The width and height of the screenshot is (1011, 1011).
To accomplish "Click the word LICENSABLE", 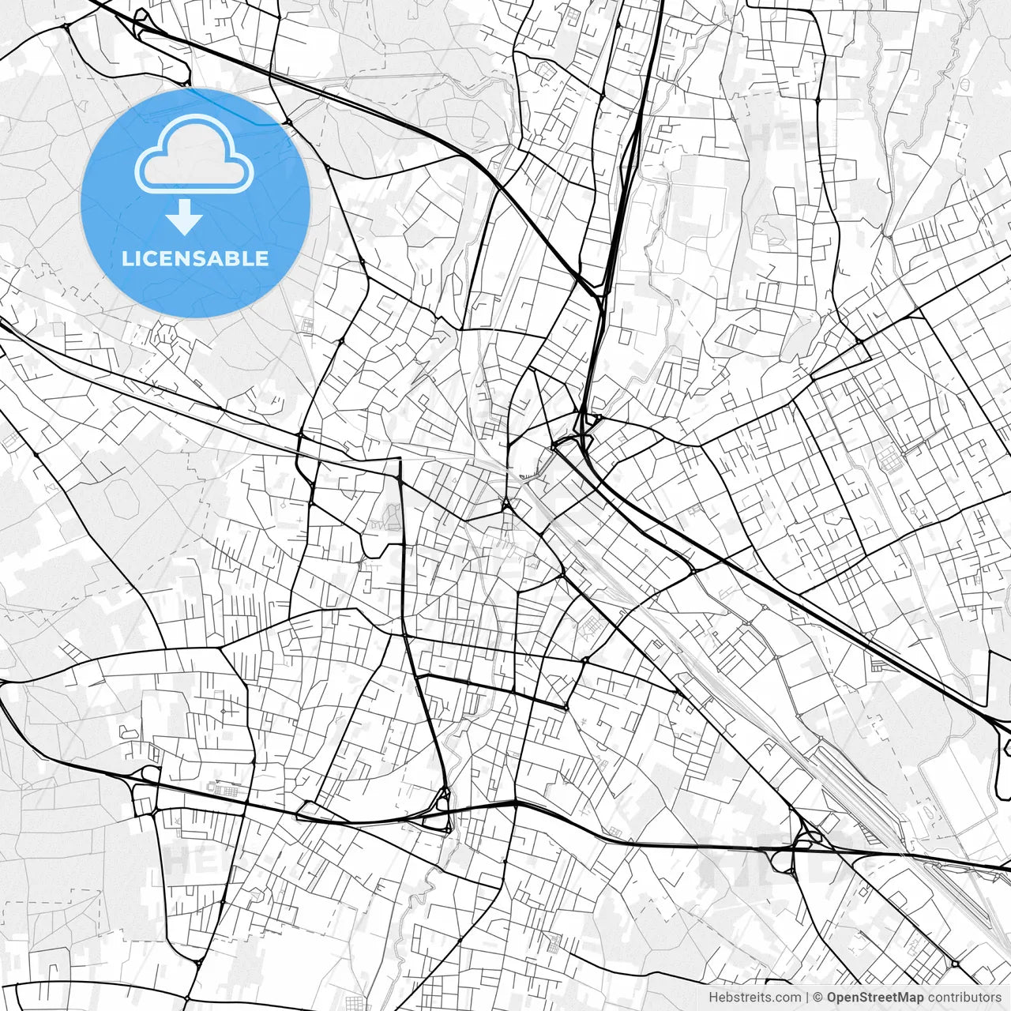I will pyautogui.click(x=195, y=258).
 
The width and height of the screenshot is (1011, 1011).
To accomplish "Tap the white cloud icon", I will pyautogui.click(x=194, y=155).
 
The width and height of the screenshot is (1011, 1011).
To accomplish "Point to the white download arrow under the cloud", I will pyautogui.click(x=184, y=218).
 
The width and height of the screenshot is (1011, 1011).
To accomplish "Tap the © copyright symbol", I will pyautogui.click(x=818, y=998).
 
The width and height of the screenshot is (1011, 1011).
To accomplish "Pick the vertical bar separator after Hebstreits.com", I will pyautogui.click(x=806, y=998).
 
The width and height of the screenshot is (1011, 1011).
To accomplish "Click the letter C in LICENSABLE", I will pyautogui.click(x=151, y=258).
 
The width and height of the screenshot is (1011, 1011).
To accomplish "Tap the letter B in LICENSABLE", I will pyautogui.click(x=235, y=258).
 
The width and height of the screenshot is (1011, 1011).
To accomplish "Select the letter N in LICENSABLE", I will pyautogui.click(x=182, y=258).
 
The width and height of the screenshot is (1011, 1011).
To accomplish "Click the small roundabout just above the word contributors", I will pyautogui.click(x=955, y=964).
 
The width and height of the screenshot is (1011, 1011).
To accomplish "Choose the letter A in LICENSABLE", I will pyautogui.click(x=216, y=258).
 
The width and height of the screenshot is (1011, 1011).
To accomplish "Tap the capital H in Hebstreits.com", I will pyautogui.click(x=713, y=998).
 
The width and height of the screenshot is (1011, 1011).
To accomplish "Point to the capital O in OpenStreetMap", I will pyautogui.click(x=832, y=998).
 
